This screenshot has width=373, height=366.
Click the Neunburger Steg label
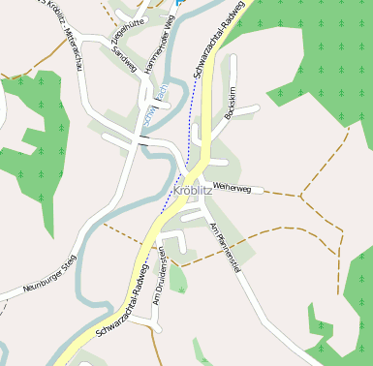click(37, 276)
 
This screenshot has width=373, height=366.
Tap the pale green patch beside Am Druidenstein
click(177, 278)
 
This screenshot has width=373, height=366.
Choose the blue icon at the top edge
click(180, 3)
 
